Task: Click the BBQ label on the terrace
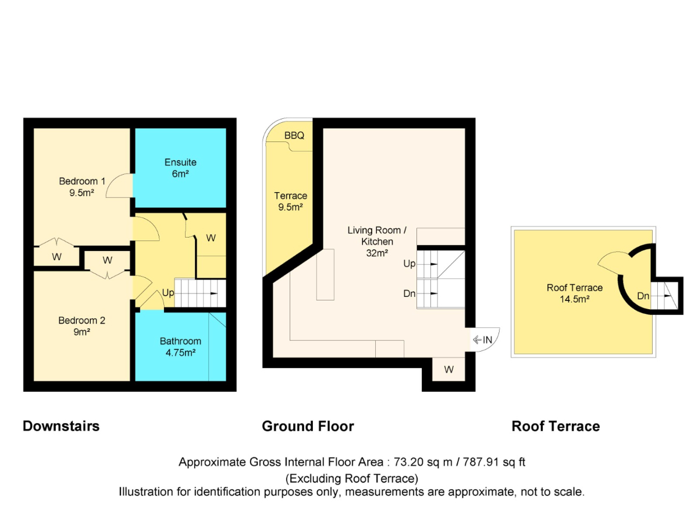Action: pyautogui.click(x=294, y=136)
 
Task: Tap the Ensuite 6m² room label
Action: pyautogui.click(x=180, y=168)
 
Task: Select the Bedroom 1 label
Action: pyautogui.click(x=82, y=187)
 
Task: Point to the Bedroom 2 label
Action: pyautogui.click(x=82, y=326)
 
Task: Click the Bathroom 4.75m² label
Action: pyautogui.click(x=180, y=346)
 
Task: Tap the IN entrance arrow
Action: pyautogui.click(x=477, y=340)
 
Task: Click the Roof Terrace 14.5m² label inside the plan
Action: pyautogui.click(x=574, y=293)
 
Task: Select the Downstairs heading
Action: pyautogui.click(x=61, y=426)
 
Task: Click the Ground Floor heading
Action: pyautogui.click(x=308, y=426)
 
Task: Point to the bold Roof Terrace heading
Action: pyautogui.click(x=555, y=426)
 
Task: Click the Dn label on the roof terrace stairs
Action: pyautogui.click(x=643, y=296)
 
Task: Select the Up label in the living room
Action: pyautogui.click(x=409, y=264)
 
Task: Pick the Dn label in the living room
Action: pyautogui.click(x=409, y=293)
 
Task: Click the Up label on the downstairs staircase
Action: pyautogui.click(x=168, y=293)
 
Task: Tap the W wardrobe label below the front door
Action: pyautogui.click(x=448, y=369)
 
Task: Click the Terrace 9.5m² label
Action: pyautogui.click(x=290, y=201)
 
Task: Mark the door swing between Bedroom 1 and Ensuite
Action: pyautogui.click(x=119, y=186)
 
